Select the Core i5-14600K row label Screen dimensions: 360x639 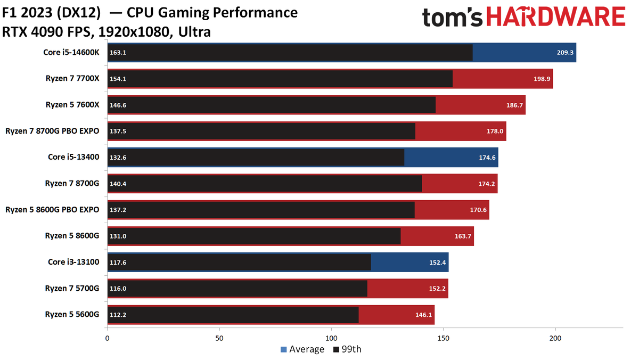[x=71, y=52]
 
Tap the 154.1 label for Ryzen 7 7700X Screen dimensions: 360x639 [x=118, y=79]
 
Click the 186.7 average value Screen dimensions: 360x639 [x=514, y=105]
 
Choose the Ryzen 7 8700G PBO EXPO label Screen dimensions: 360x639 [x=52, y=131]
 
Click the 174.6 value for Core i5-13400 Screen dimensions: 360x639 [x=487, y=158]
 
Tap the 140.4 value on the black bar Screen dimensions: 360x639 [x=118, y=184]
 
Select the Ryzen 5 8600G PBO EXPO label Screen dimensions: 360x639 [x=52, y=210]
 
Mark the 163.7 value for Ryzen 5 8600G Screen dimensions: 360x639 [x=463, y=236]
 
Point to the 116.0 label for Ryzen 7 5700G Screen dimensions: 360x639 [x=118, y=289]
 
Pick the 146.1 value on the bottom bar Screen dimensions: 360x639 [x=423, y=315]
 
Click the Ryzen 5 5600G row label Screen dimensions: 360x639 [x=72, y=315]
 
